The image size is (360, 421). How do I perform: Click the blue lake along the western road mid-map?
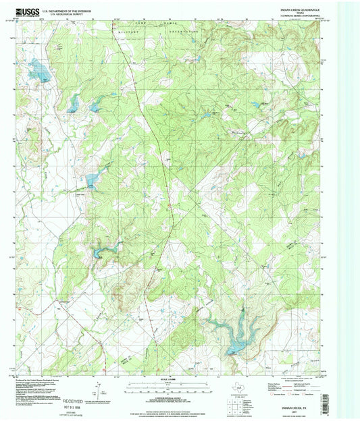tap(91, 179)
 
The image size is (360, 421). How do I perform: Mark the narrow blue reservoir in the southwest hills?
tap(102, 252)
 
